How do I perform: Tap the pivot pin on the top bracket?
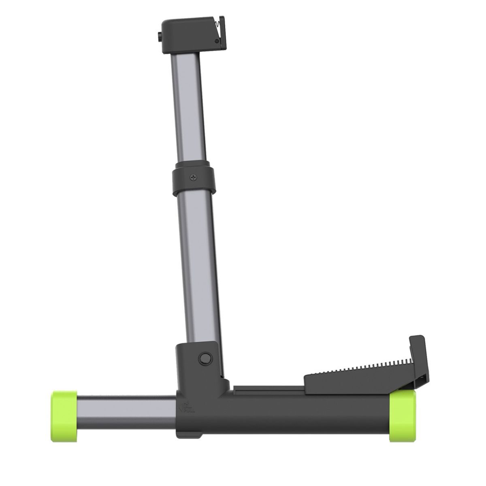[x=217, y=41]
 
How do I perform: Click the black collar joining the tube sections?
[x=192, y=178]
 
